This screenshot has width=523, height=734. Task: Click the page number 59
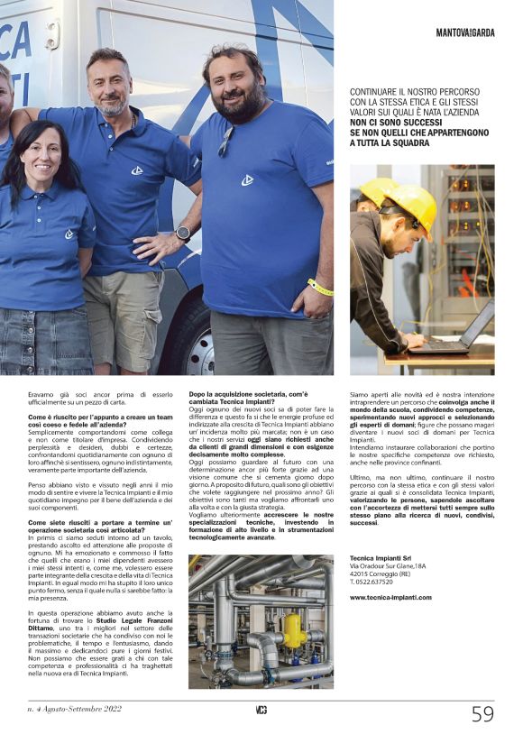coord(483,713)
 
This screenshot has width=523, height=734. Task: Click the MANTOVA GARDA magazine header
coord(465,32)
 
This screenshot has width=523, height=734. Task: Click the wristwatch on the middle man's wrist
coord(183,233)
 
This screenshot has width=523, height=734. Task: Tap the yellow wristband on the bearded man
coord(319,288)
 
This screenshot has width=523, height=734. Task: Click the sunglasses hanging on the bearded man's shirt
coord(225,140)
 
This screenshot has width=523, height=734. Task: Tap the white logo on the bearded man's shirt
coord(246,179)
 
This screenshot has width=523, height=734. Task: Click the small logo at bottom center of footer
coord(261,711)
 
